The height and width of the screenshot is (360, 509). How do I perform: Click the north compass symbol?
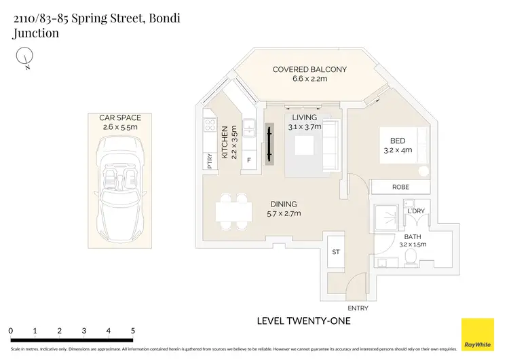point(25,56)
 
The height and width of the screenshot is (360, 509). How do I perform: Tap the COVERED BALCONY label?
point(309,69)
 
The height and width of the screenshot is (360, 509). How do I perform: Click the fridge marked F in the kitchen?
point(249,160)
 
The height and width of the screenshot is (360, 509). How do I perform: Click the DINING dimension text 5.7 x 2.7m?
point(283,213)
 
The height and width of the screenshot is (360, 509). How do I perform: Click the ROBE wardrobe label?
point(400,187)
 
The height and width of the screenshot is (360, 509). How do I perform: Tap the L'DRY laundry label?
point(415,211)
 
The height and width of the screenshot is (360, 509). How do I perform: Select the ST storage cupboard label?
point(335,252)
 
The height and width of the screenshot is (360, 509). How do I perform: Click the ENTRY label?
point(357,308)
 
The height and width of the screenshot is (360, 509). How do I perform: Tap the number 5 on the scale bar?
point(132,331)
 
